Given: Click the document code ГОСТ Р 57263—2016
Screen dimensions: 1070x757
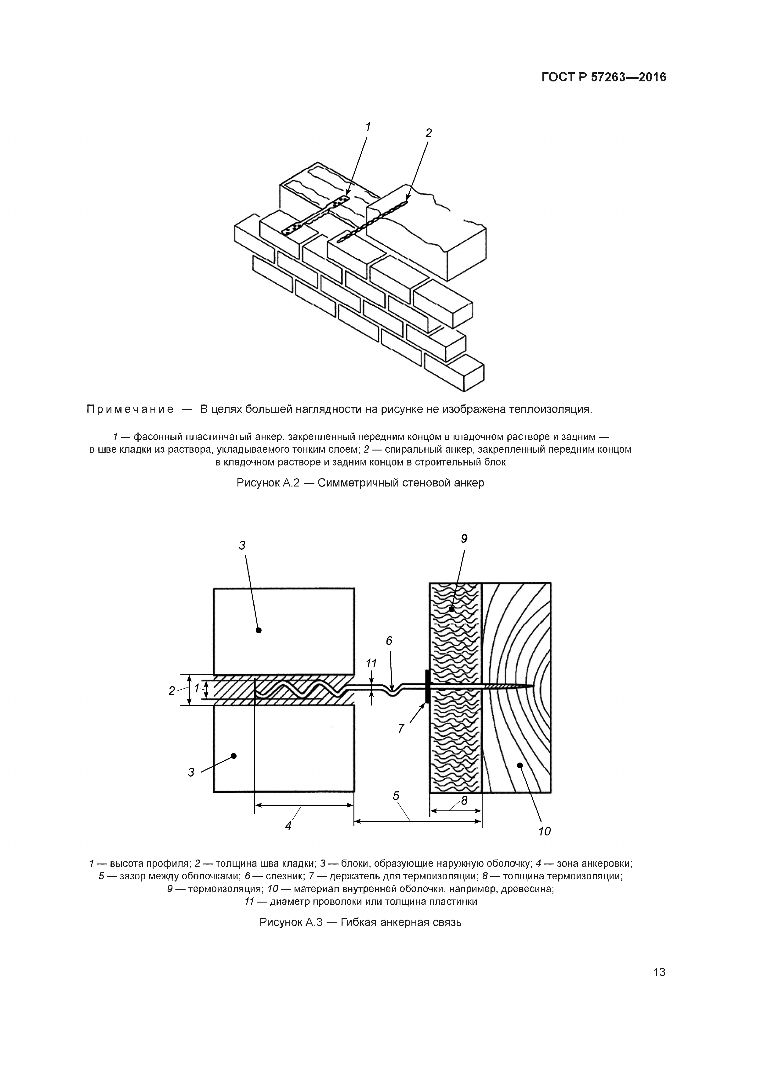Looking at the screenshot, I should click(603, 77).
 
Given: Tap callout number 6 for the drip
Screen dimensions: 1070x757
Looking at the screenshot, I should click(389, 641).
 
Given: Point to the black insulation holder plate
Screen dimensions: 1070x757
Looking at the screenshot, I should click(426, 687).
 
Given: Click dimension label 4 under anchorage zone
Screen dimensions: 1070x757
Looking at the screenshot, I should click(288, 825).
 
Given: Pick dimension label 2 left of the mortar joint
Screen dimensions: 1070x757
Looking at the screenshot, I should click(172, 691).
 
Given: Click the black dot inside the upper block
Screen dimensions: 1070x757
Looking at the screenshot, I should click(259, 630).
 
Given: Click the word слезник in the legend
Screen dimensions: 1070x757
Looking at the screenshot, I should click(284, 876).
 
